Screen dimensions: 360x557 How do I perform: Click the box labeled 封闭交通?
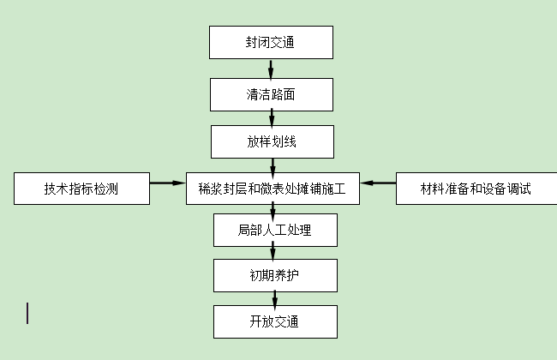coord(271,43)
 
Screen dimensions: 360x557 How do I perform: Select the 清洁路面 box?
coord(271,93)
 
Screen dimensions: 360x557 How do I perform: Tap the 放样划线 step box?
coord(271,141)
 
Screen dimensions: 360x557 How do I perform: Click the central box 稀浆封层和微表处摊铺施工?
coord(272,189)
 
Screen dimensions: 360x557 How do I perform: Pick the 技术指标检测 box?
coord(81,189)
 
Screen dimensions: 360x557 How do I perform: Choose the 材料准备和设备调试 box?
coord(476,189)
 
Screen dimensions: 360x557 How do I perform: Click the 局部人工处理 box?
coord(274,230)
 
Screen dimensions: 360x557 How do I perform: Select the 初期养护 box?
coord(274,275)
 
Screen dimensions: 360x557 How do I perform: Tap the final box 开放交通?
coord(274,322)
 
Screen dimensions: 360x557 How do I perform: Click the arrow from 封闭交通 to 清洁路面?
coord(271,69)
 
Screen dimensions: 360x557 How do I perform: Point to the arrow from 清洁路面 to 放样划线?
coord(271,117)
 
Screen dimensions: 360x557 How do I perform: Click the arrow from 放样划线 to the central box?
coord(272,165)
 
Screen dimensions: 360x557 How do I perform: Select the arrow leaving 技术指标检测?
coord(168,183)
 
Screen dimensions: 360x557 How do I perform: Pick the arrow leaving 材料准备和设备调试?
coord(377,183)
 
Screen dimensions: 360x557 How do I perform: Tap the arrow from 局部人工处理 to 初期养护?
coord(273,252)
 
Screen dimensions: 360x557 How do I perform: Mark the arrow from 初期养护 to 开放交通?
coord(274,298)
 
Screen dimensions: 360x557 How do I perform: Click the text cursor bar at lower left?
coord(27,313)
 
